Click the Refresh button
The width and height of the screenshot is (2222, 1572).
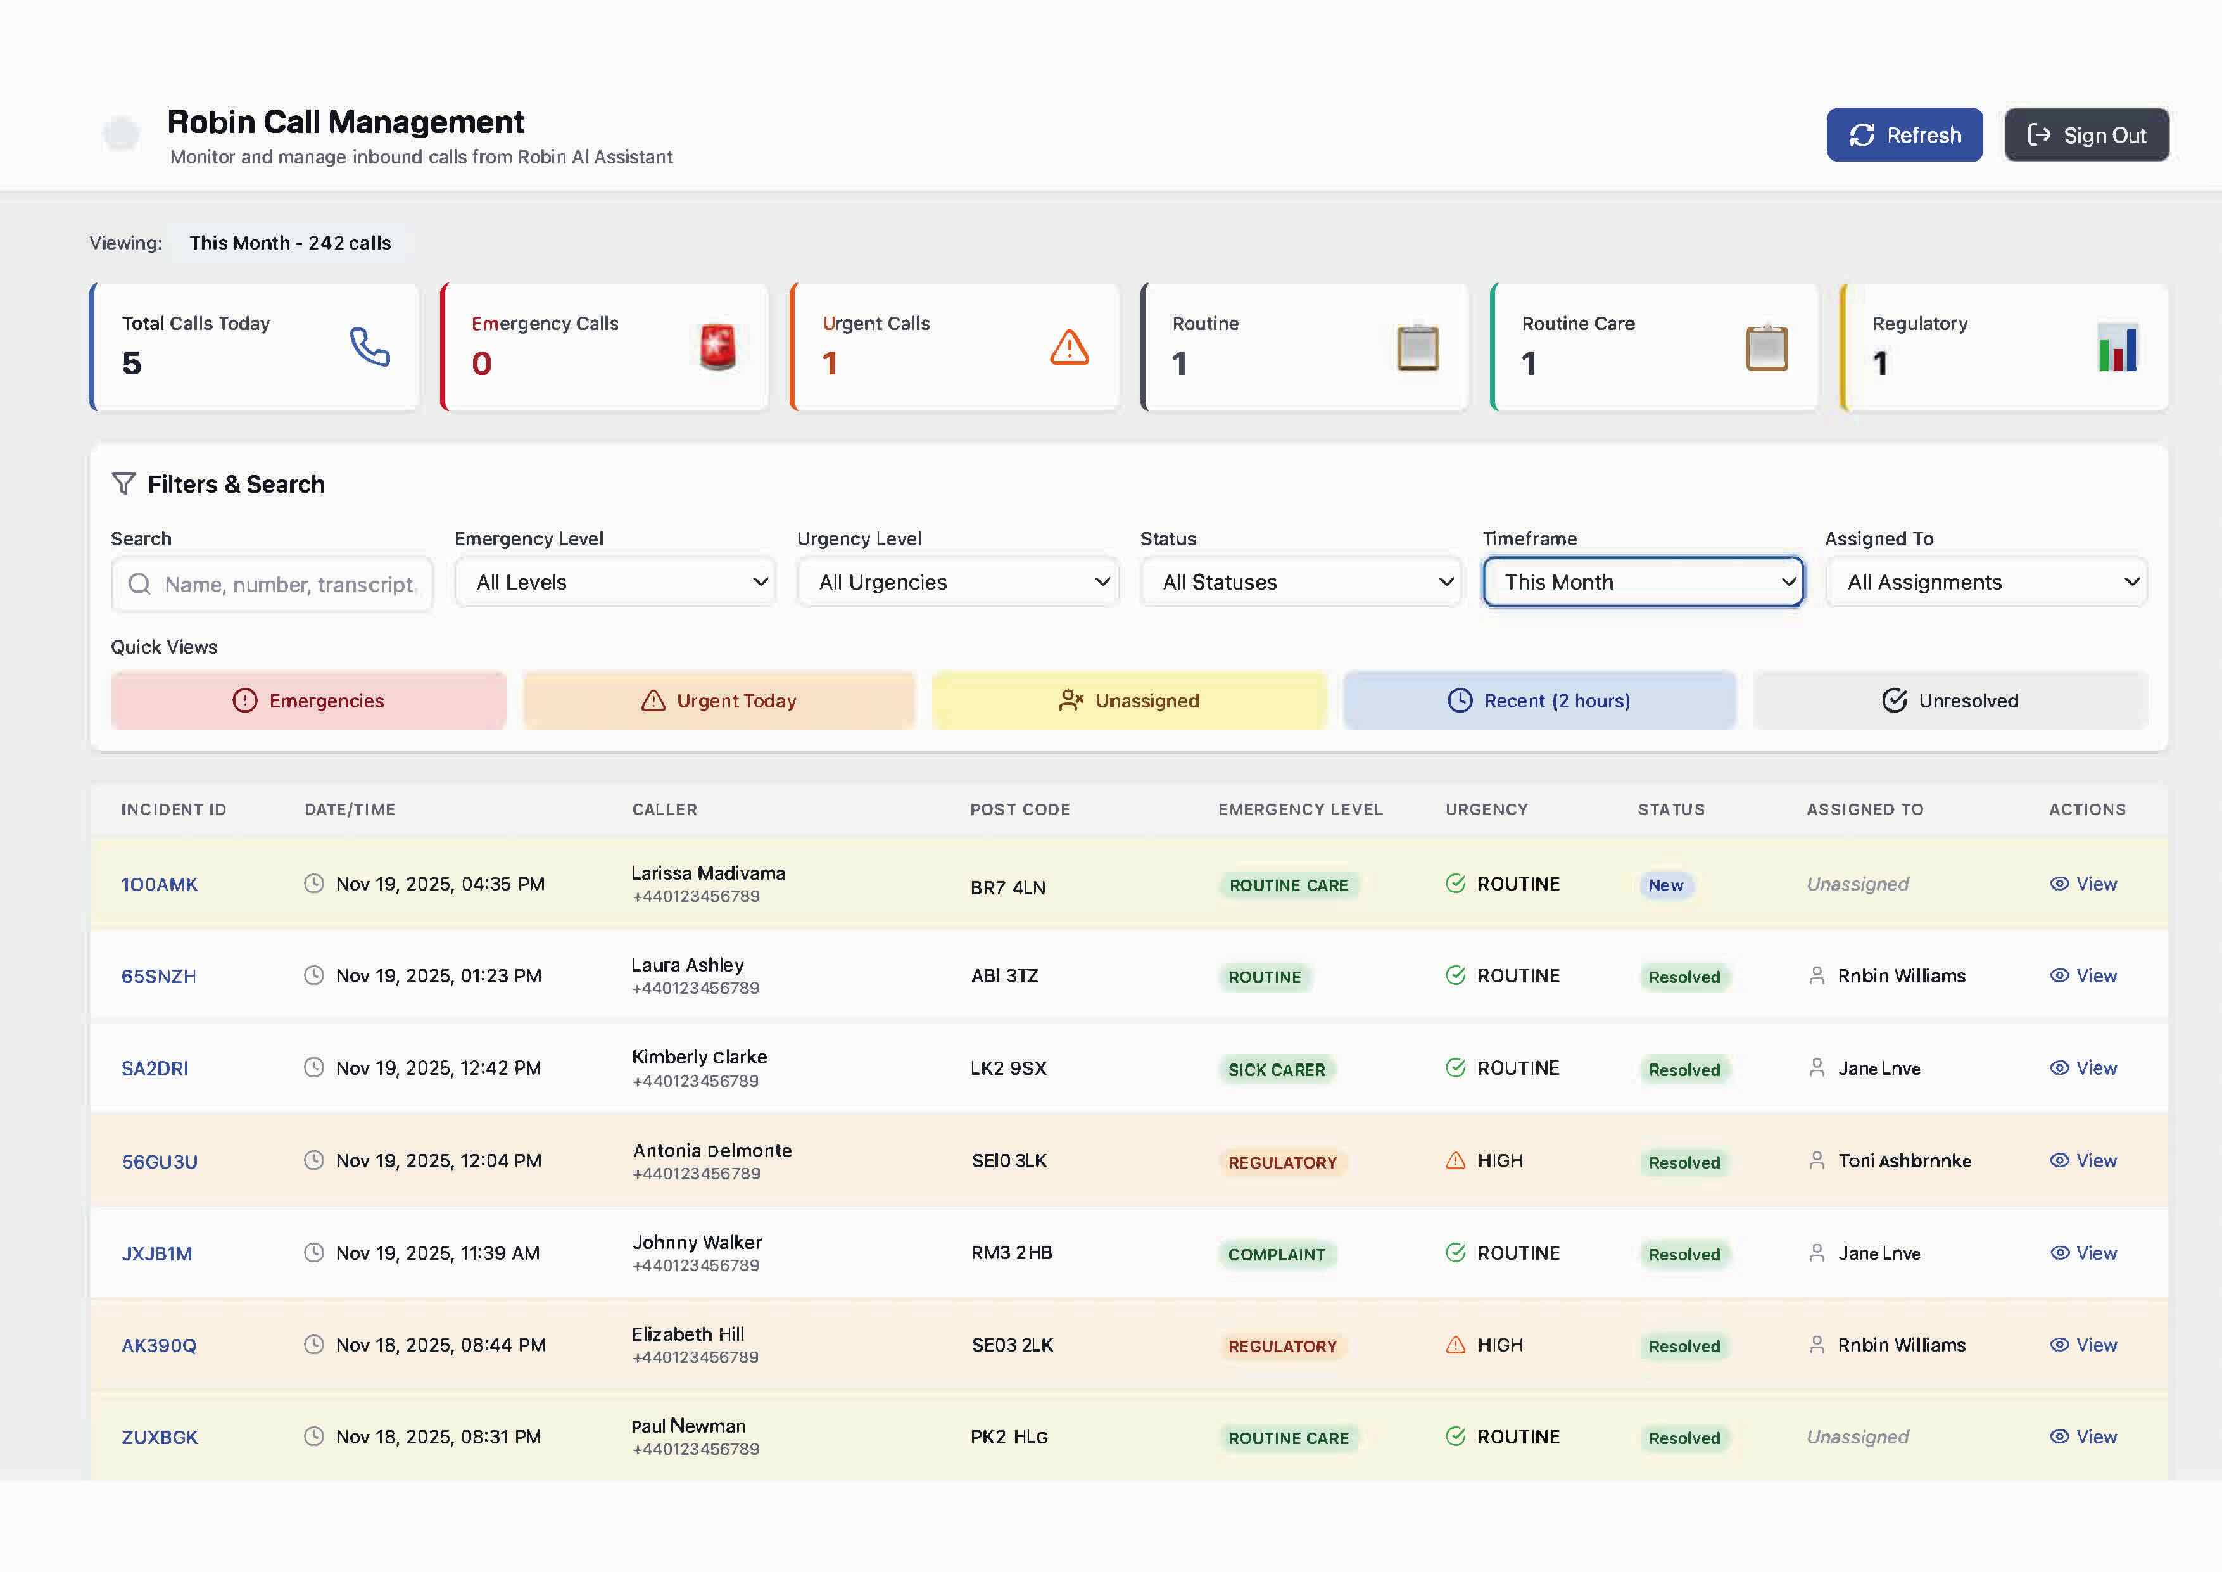(1903, 134)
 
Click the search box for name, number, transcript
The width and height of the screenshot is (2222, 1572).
(273, 584)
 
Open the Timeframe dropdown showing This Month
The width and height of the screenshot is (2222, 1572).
(1643, 582)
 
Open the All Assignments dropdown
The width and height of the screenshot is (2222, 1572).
(1986, 582)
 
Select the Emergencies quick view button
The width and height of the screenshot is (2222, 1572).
(309, 700)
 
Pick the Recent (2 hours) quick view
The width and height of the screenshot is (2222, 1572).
(1539, 700)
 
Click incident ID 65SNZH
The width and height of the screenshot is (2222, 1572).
(159, 976)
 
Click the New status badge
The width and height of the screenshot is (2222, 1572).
(1665, 885)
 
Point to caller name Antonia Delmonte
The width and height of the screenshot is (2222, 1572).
(712, 1150)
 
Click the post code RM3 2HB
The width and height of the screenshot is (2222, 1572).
(1011, 1253)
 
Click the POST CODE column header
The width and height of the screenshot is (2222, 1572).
(1020, 809)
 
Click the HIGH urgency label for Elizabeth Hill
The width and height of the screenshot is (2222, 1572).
(1499, 1345)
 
